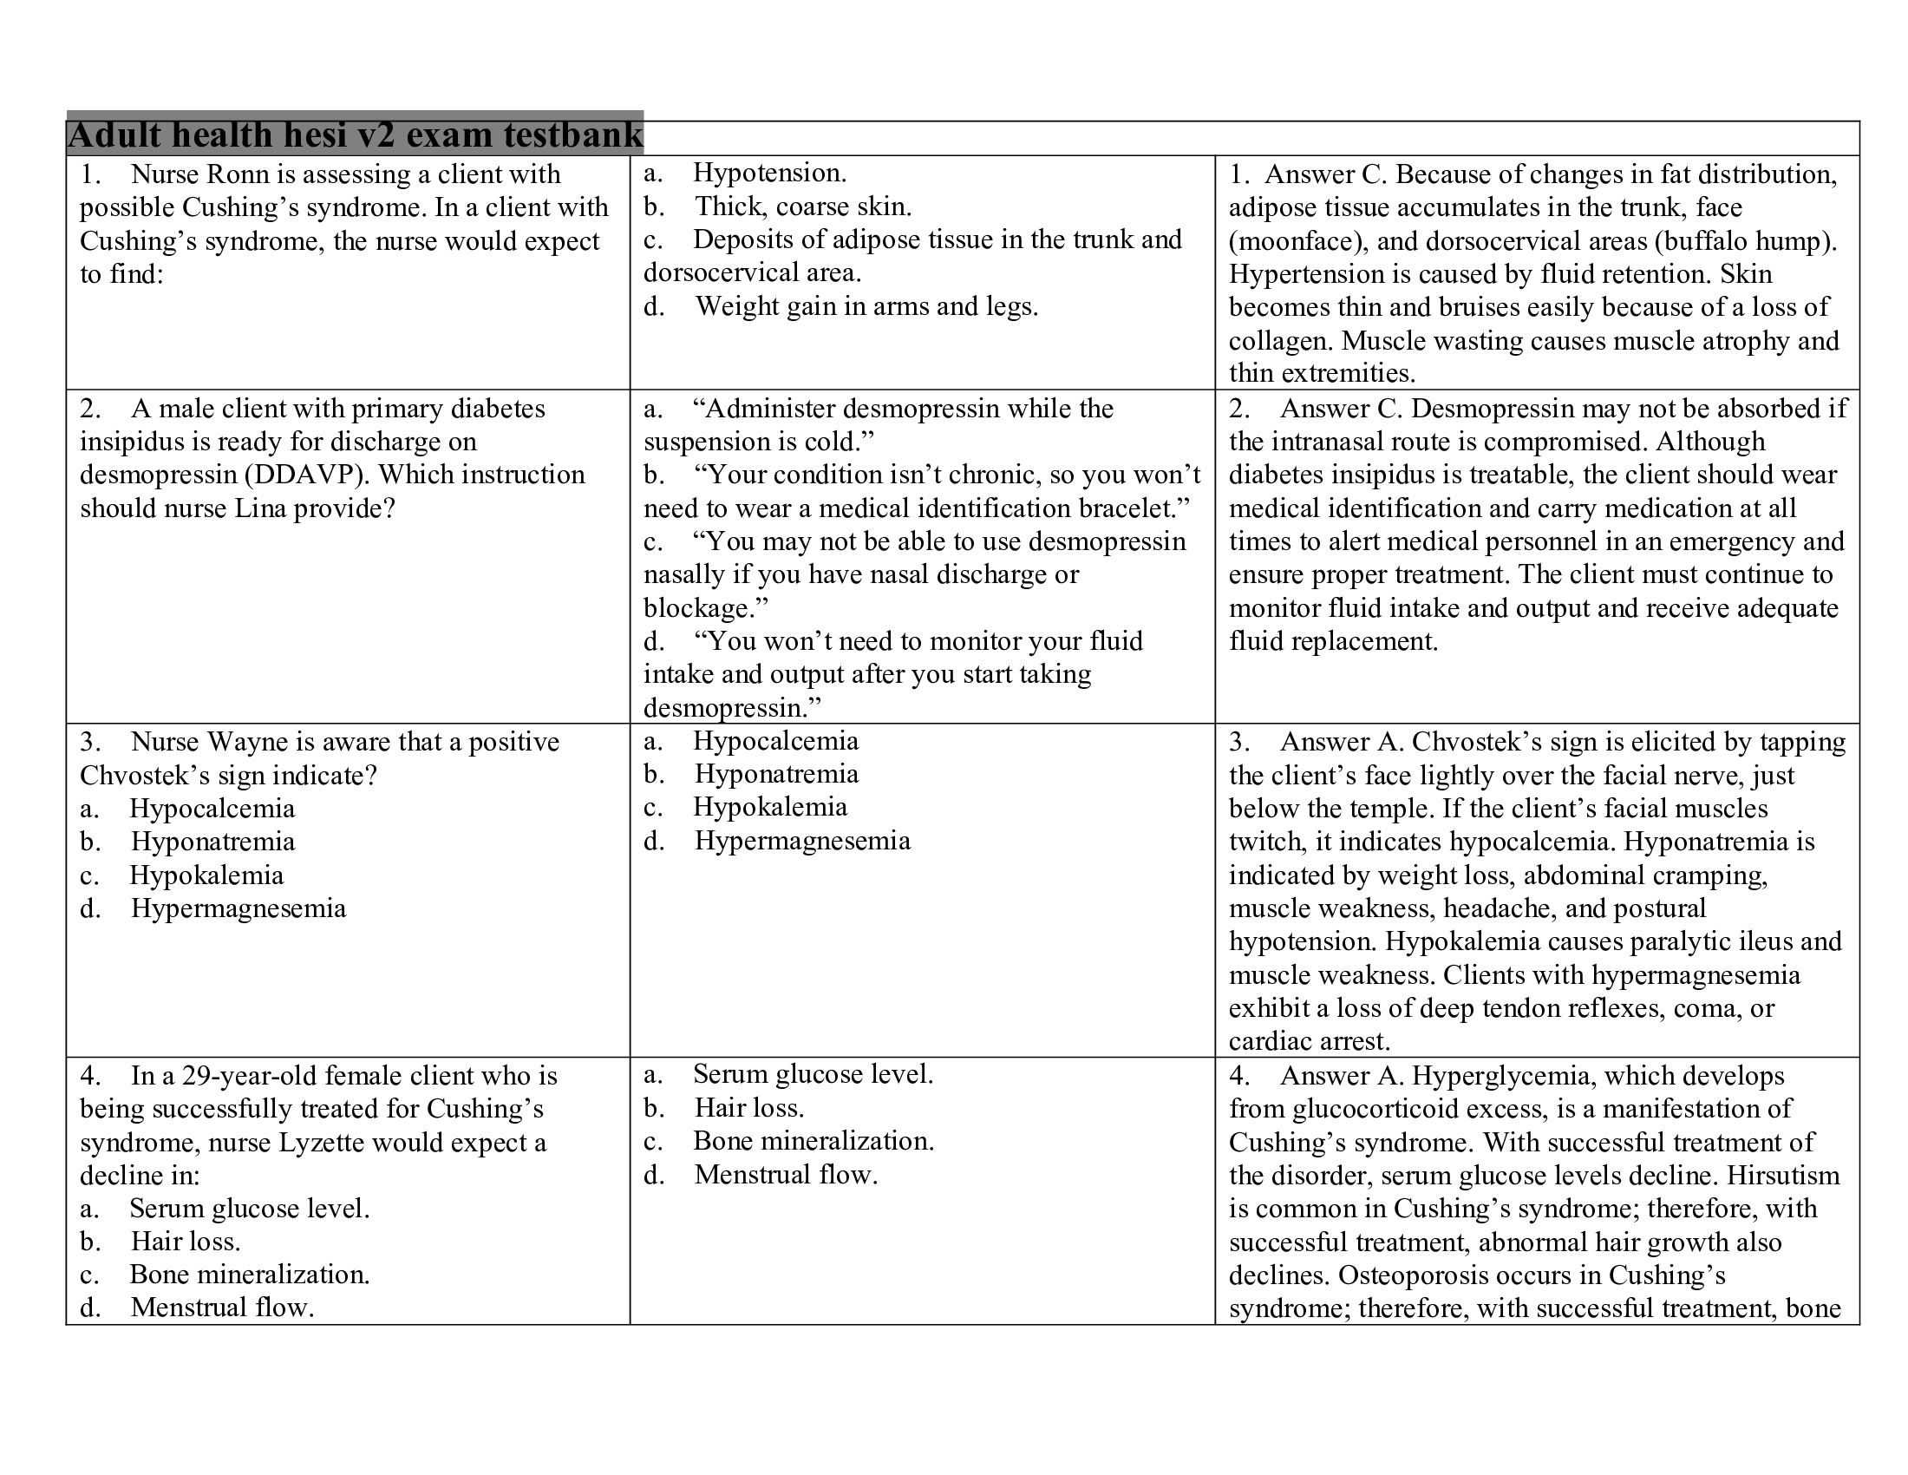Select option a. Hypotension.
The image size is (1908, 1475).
(768, 173)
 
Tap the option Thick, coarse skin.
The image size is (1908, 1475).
(802, 206)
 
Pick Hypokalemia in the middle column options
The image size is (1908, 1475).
(769, 808)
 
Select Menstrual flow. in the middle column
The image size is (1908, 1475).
(785, 1176)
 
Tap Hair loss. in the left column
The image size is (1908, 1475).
(186, 1242)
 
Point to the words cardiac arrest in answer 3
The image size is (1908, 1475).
(1308, 1041)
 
